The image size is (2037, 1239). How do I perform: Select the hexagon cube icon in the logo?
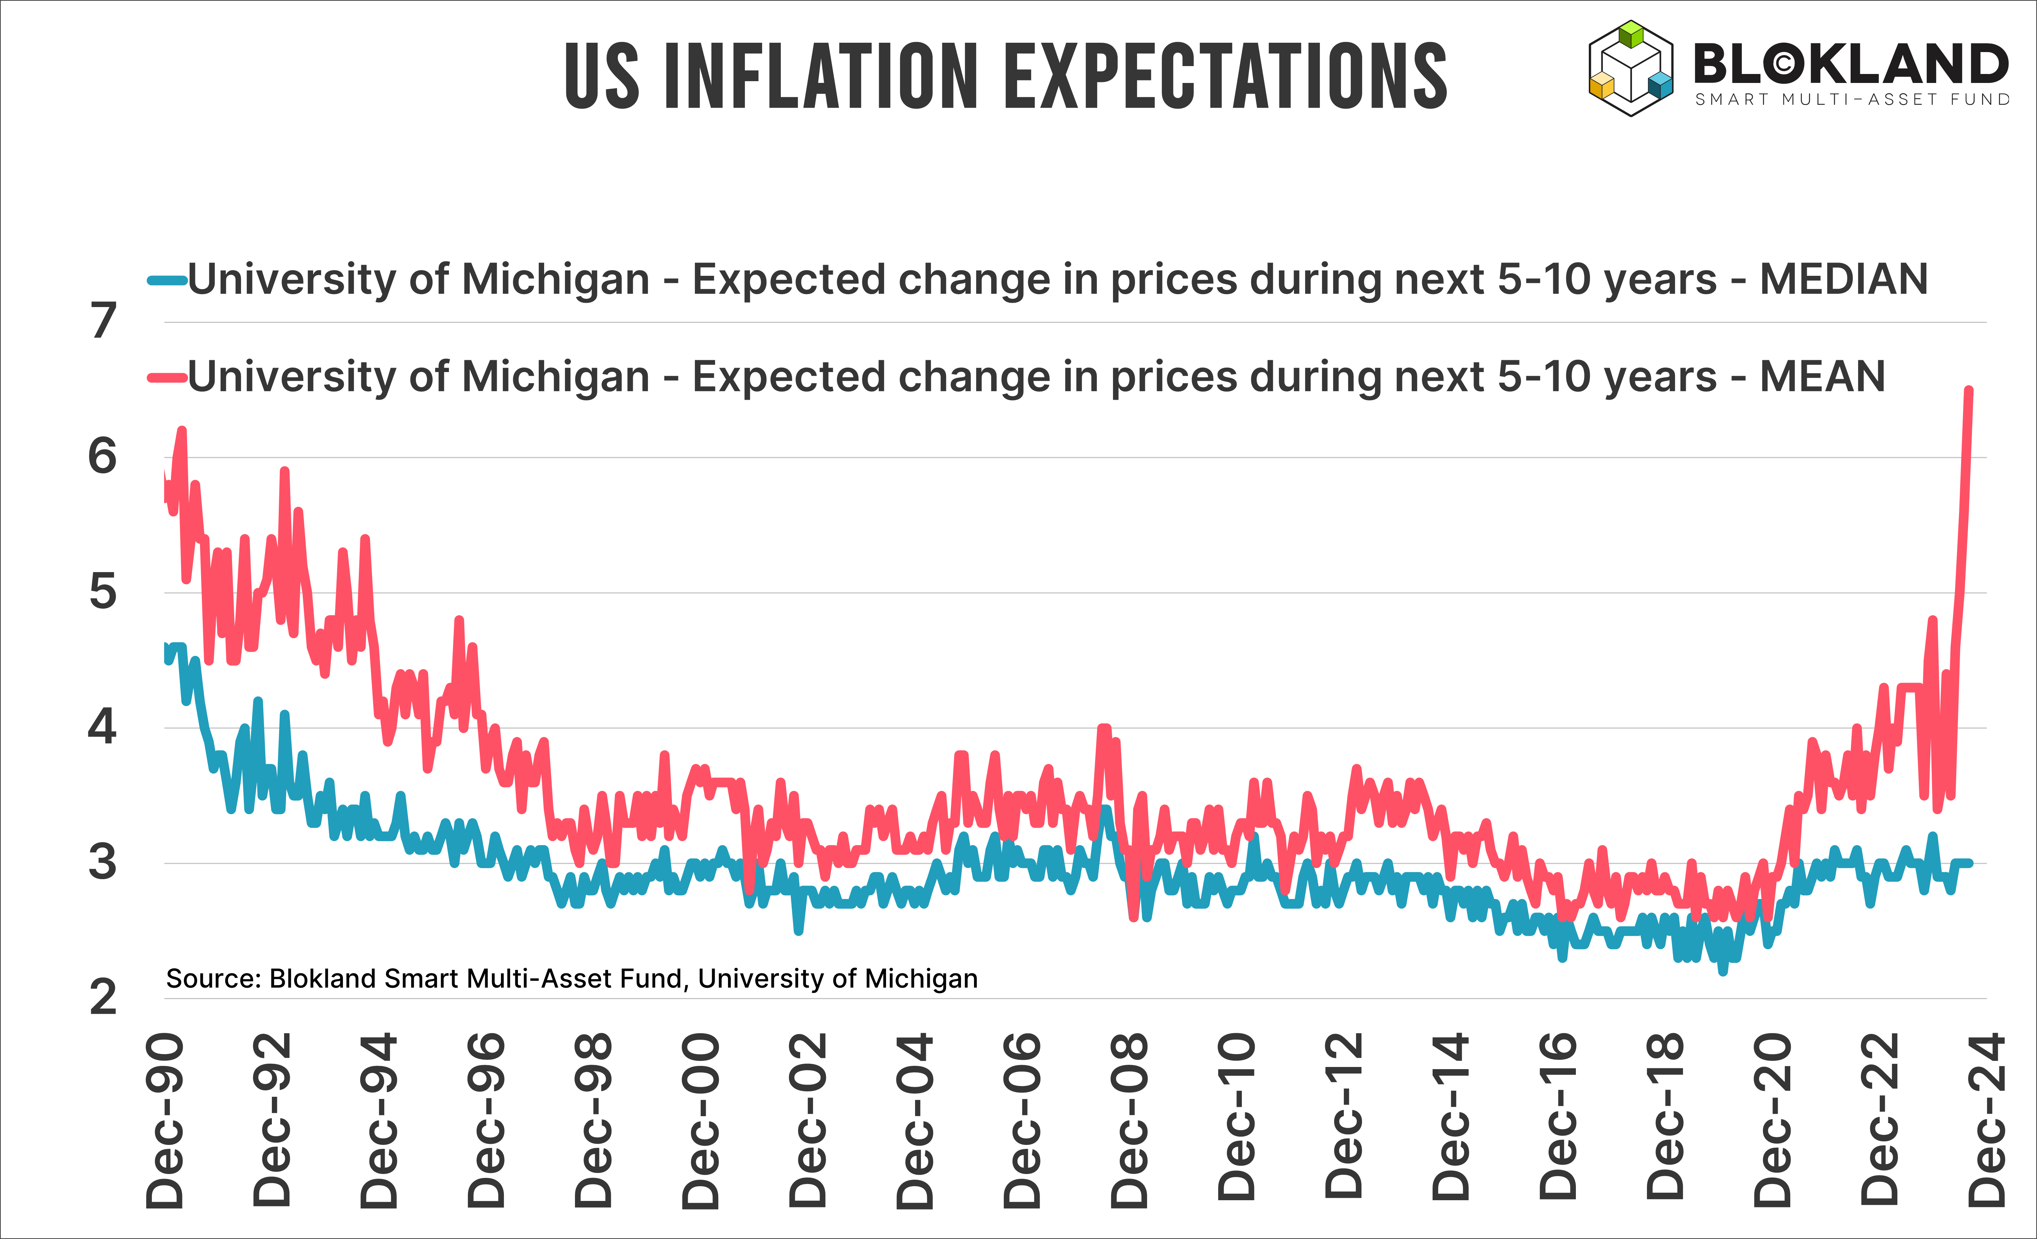(1630, 68)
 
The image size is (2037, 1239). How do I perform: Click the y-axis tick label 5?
(103, 592)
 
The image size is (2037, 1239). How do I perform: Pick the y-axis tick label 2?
(103, 998)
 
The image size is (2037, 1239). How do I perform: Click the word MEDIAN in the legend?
(1843, 279)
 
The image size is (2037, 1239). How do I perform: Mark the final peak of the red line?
(1969, 390)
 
